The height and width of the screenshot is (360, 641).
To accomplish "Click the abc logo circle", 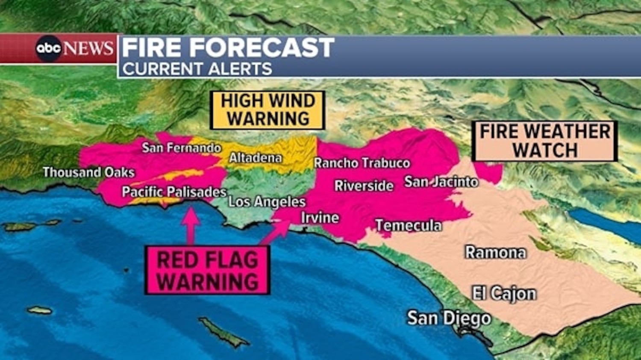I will coord(48,48).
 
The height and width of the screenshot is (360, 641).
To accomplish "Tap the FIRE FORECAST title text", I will coord(228,47).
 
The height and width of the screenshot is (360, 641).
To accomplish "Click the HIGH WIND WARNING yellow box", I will coord(268,110).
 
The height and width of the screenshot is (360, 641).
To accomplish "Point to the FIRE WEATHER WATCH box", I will coord(545,141).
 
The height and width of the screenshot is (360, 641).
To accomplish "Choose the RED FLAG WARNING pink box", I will coord(208,270).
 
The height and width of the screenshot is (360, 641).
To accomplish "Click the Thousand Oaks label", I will coord(88,172).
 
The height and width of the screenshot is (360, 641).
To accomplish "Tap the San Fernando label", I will coord(181,148).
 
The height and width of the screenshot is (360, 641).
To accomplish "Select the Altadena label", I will coord(256,158).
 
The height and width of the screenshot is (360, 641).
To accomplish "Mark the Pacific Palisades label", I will coord(174,192).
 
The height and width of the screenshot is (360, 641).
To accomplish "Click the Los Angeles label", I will coord(267,201).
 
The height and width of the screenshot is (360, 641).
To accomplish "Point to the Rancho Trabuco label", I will coord(362,163).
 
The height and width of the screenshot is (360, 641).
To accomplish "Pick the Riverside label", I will coord(364,186).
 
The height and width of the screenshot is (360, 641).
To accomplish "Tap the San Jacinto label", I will coord(441,182).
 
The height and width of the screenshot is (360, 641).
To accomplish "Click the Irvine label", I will coord(320,218).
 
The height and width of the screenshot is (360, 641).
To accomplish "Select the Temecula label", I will coord(408,225).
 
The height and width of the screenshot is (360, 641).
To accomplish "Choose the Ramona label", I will coord(495,252).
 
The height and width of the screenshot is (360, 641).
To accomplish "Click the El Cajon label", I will coord(504,294).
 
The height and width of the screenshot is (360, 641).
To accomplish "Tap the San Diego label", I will coord(449,318).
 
